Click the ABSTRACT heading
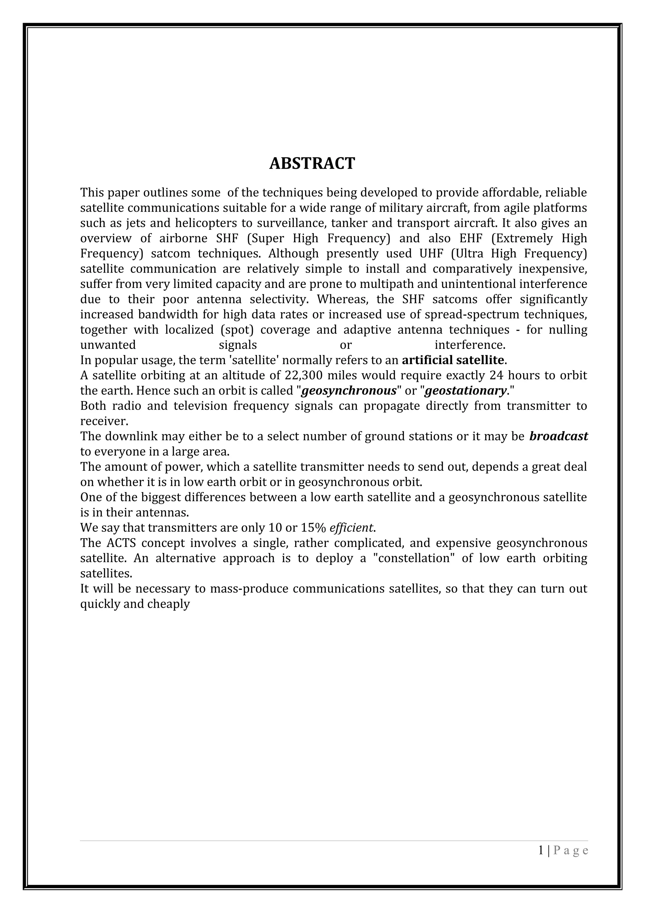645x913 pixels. [x=312, y=164]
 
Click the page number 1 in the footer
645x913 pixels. [x=541, y=861]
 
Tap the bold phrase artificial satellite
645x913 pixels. [x=453, y=360]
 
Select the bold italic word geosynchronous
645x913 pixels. [x=349, y=391]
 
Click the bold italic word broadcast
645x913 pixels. [x=559, y=437]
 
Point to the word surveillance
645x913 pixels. [x=284, y=223]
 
